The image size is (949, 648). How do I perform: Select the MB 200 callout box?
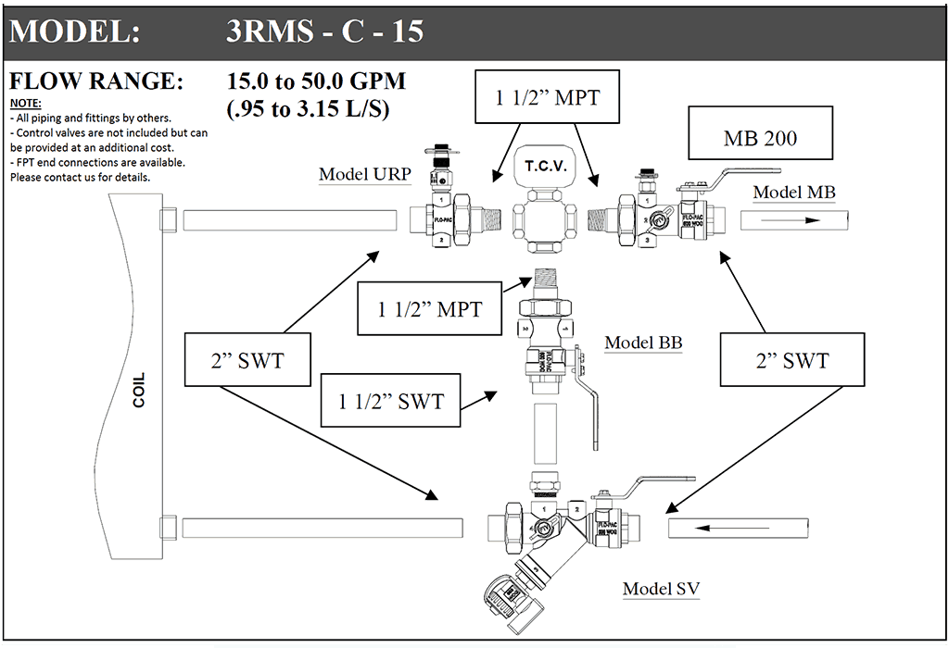tap(760, 138)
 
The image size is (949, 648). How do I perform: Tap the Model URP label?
tap(361, 174)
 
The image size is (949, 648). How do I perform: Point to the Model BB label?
tap(643, 343)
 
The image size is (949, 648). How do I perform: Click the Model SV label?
tap(661, 589)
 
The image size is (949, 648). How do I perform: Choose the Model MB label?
tap(793, 193)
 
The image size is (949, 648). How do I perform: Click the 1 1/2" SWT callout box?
tap(390, 401)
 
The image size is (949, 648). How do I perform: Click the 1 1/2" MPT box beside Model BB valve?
tap(429, 308)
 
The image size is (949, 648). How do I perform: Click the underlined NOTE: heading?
tap(25, 103)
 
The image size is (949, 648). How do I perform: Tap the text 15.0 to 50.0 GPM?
tap(316, 81)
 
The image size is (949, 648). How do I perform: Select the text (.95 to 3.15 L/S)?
tap(308, 108)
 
